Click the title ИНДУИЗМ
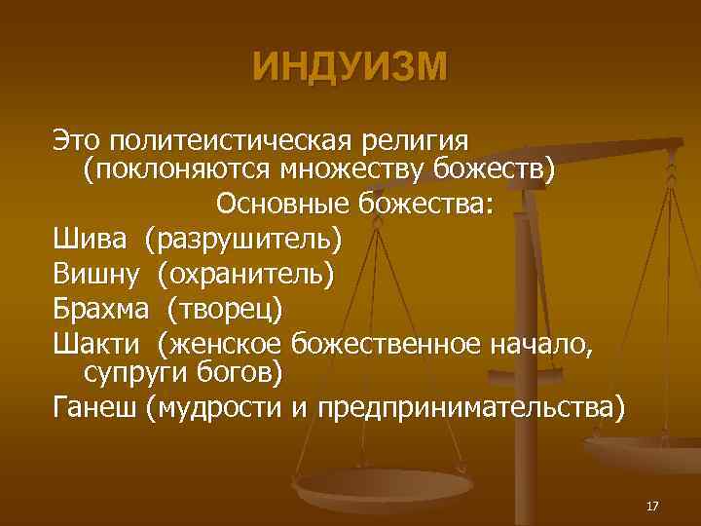coord(350,67)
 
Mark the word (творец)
coord(223,309)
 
